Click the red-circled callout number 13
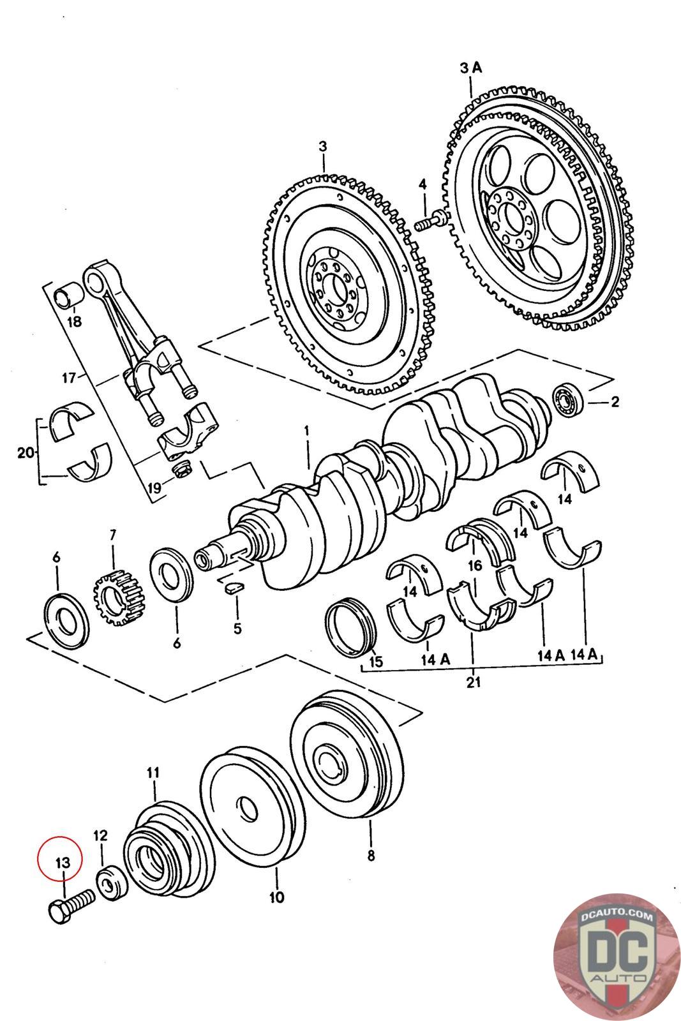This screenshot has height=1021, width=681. pos(62,862)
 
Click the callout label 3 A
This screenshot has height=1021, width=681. pos(471,67)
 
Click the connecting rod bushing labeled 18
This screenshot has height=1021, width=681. pos(67,297)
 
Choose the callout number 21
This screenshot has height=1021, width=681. pos(473,682)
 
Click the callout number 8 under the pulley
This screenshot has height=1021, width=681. pos(371,855)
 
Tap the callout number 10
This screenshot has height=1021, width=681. pos(276,897)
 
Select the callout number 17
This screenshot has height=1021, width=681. pos(70,378)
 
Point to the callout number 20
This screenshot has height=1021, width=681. pos(26,453)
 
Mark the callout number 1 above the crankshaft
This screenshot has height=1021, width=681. pos(306,431)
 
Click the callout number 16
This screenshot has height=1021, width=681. pos(474,565)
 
